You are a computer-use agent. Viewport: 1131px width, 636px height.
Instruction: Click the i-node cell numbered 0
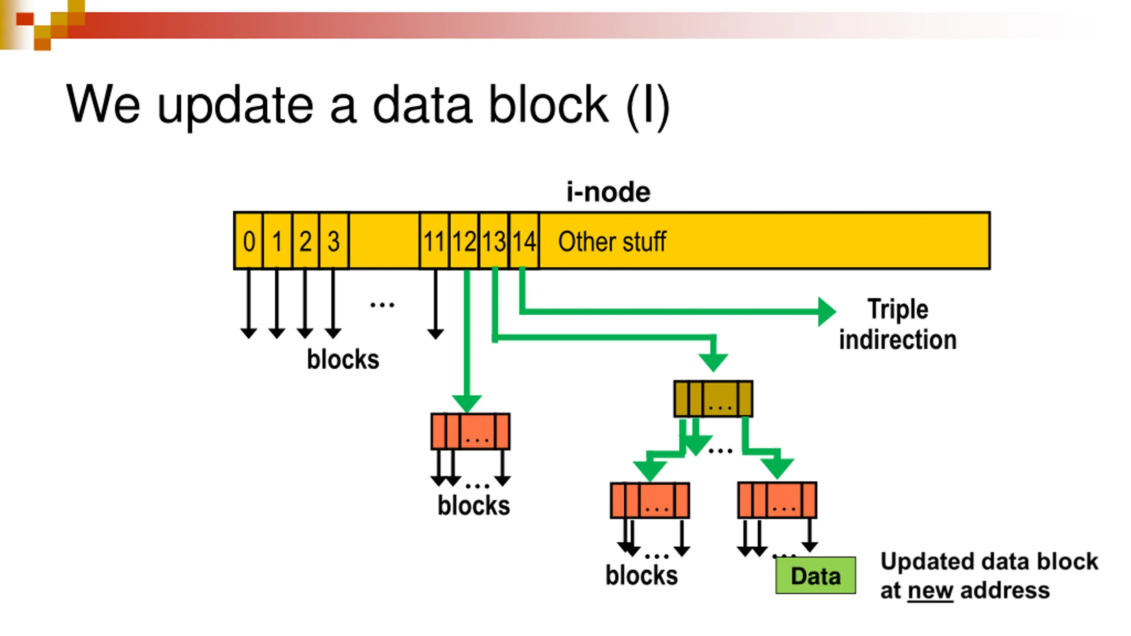click(x=249, y=241)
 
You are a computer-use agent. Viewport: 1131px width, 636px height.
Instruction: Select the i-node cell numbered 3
click(x=334, y=241)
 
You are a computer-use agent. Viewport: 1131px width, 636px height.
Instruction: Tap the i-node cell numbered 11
click(x=434, y=241)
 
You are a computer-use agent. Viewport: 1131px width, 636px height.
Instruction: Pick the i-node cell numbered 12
click(x=464, y=241)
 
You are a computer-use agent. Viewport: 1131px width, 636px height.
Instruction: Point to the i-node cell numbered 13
click(x=494, y=241)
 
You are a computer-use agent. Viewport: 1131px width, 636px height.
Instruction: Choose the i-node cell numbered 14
click(x=524, y=241)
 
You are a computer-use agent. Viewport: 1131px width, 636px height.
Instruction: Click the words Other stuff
click(x=612, y=242)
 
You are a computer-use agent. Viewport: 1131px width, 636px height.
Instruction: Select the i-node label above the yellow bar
click(x=608, y=192)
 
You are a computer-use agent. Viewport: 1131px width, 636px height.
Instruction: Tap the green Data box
click(x=816, y=575)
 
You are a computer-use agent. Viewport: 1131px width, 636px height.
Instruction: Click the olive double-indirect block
click(x=713, y=398)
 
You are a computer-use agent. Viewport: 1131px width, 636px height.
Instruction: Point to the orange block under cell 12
click(x=471, y=432)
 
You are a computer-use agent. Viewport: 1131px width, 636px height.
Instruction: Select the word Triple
click(x=898, y=310)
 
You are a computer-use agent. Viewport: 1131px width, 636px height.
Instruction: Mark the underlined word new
click(x=930, y=591)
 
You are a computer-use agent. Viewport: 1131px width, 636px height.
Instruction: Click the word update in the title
click(x=235, y=106)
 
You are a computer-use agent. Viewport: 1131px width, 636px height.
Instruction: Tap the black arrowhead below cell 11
click(x=436, y=334)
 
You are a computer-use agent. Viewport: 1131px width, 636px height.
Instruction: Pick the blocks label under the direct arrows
click(x=343, y=359)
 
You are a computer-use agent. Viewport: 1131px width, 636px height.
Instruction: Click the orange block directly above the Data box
click(x=777, y=500)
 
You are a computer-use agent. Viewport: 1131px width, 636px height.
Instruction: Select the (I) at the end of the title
click(x=648, y=106)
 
